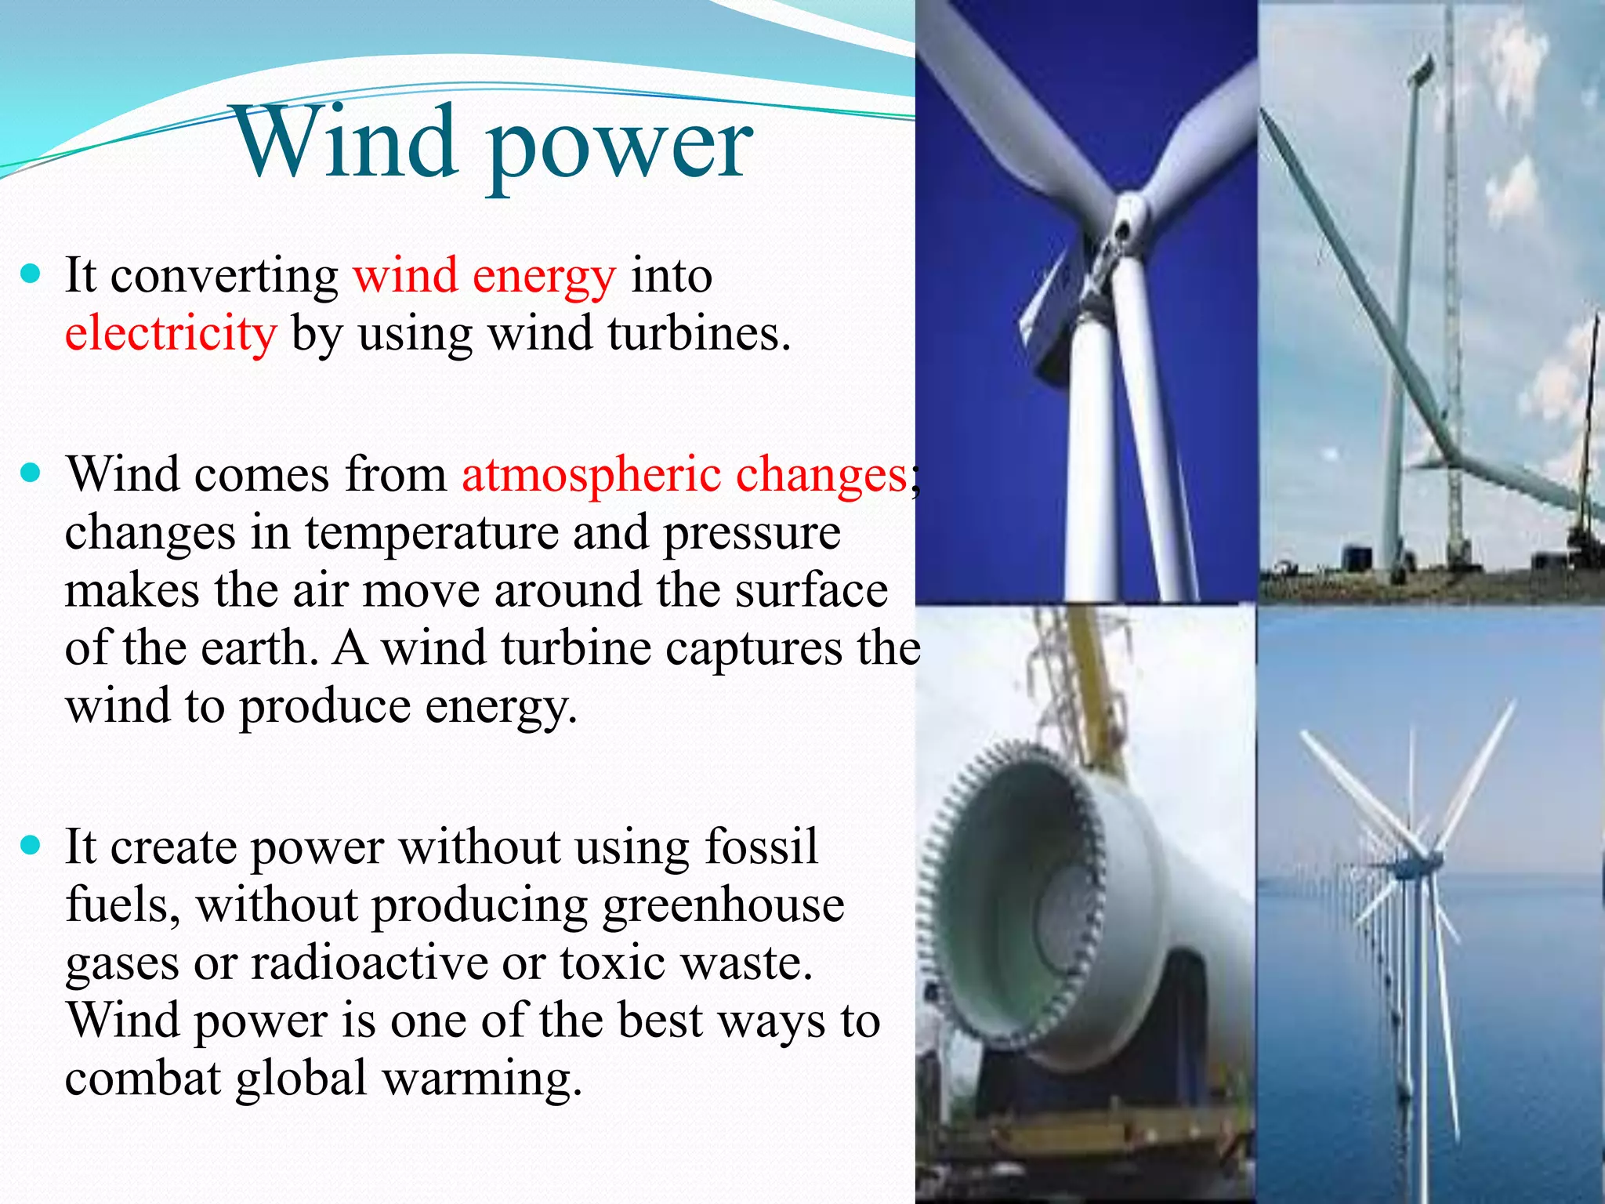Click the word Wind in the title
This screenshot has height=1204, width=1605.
pyautogui.click(x=346, y=143)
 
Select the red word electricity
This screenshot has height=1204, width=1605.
pyautogui.click(x=171, y=334)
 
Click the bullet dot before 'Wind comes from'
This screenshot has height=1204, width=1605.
pyautogui.click(x=31, y=473)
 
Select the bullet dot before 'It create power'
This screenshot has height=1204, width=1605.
pyautogui.click(x=31, y=845)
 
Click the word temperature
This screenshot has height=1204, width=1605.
pyautogui.click(x=431, y=533)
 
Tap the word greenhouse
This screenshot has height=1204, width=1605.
pyautogui.click(x=723, y=905)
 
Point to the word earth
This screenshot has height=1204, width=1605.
pyautogui.click(x=258, y=649)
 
